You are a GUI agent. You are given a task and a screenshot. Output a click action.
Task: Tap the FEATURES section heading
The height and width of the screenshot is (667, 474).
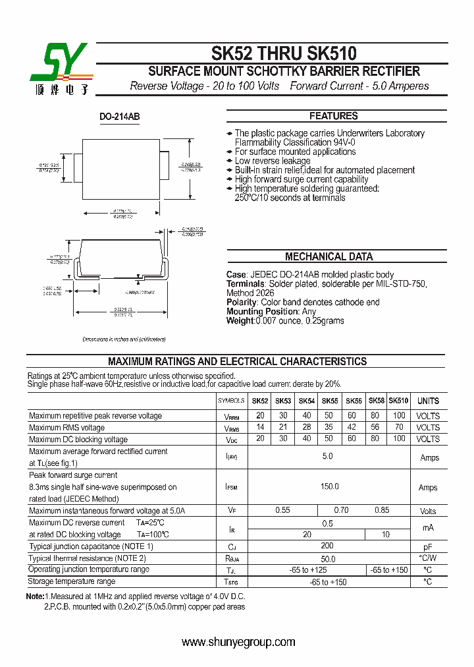tap(333, 116)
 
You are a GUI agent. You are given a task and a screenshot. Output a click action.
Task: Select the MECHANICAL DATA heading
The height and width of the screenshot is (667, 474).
tap(329, 257)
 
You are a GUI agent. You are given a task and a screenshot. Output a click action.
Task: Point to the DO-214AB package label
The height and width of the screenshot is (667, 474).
tap(119, 117)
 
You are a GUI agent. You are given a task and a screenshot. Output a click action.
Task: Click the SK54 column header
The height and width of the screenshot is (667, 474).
tap(307, 401)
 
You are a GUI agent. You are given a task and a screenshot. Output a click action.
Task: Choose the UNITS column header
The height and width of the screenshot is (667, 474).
tap(428, 401)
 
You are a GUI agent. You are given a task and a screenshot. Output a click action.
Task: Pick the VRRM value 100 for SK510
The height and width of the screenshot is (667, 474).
tap(399, 416)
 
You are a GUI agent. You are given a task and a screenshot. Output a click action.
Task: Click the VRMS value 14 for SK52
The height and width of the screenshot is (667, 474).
tap(261, 428)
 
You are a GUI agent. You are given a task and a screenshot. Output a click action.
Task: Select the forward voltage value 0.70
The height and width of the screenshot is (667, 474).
tap(341, 510)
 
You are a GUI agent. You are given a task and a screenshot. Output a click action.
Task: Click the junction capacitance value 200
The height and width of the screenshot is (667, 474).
tap(327, 546)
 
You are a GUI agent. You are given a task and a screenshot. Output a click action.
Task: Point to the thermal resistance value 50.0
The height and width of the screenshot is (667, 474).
tap(327, 558)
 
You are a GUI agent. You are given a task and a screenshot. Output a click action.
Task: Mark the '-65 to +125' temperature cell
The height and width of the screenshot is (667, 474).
tap(307, 569)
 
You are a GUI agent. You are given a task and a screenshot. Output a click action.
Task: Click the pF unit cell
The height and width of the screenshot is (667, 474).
tap(428, 546)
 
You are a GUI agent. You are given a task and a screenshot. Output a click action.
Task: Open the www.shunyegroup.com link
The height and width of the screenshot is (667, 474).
tap(238, 642)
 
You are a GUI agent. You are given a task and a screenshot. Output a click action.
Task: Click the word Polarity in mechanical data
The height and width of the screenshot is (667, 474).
tap(241, 303)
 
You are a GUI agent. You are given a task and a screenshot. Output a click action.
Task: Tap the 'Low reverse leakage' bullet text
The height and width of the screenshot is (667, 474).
tap(273, 161)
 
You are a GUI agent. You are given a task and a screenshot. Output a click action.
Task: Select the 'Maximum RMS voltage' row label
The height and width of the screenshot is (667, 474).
tap(66, 428)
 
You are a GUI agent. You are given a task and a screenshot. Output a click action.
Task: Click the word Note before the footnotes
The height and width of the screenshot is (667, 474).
tap(35, 596)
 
